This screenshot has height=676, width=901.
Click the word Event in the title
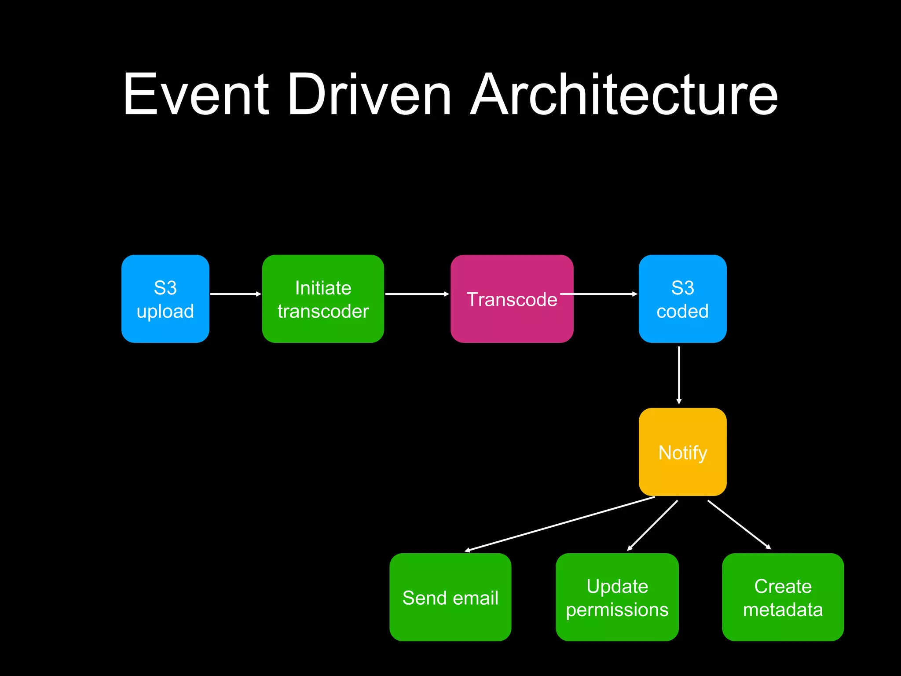click(196, 94)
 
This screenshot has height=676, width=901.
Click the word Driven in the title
click(369, 94)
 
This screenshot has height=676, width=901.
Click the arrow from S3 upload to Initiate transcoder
click(235, 294)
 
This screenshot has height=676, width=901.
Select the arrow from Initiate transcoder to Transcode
click(416, 294)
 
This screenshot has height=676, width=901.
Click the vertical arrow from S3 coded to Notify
click(679, 374)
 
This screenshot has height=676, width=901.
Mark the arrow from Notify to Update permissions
click(652, 525)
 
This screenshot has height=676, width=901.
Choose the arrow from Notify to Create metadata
click(739, 525)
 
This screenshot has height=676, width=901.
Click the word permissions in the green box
click(617, 610)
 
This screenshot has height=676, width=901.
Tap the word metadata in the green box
click(783, 610)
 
